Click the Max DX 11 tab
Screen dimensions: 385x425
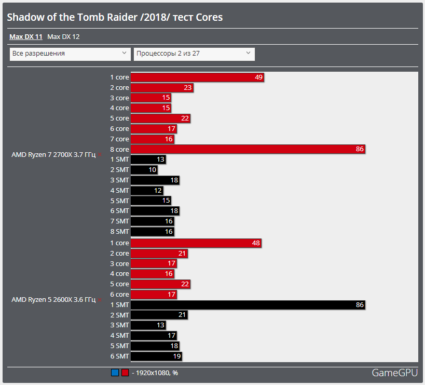25,37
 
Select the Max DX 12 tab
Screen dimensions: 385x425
63,37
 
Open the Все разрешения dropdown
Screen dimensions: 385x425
70,54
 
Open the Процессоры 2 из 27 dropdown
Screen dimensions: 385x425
194,54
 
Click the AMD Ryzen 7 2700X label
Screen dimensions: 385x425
53,155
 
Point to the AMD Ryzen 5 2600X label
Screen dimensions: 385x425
53,300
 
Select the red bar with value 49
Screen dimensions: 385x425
197,77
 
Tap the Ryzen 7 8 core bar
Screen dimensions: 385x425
248,150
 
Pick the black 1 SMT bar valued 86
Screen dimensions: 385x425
248,305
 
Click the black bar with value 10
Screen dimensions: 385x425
144,170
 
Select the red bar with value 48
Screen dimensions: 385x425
196,243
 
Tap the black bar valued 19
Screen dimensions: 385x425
156,356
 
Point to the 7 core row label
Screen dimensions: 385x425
119,139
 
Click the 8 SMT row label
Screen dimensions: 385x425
119,232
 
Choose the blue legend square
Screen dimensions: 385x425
115,373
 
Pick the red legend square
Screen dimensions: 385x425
125,373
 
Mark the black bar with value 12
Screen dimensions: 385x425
147,191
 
